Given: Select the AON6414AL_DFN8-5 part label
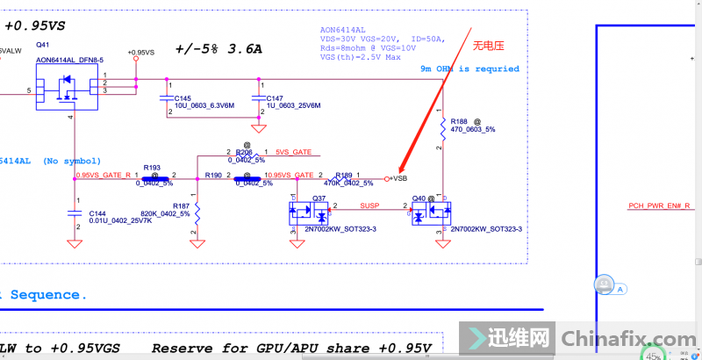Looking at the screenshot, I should coord(69,60).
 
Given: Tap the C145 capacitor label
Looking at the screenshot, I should coord(183,97).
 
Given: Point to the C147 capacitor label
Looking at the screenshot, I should coord(275,97).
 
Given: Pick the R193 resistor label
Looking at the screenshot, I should coord(151,167).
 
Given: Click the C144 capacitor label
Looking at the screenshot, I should coord(97,212).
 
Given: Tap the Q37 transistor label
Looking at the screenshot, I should coord(319,198).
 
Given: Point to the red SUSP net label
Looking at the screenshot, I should coord(370,205).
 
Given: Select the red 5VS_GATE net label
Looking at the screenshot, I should coord(293,152).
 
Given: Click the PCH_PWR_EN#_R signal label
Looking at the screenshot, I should coord(659,205).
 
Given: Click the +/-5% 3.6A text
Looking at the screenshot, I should coord(218,49).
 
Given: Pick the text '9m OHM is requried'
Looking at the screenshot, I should coord(469,68).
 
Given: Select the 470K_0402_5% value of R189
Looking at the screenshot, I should coord(348,184).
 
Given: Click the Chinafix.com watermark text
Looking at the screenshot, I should coord(624,338).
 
